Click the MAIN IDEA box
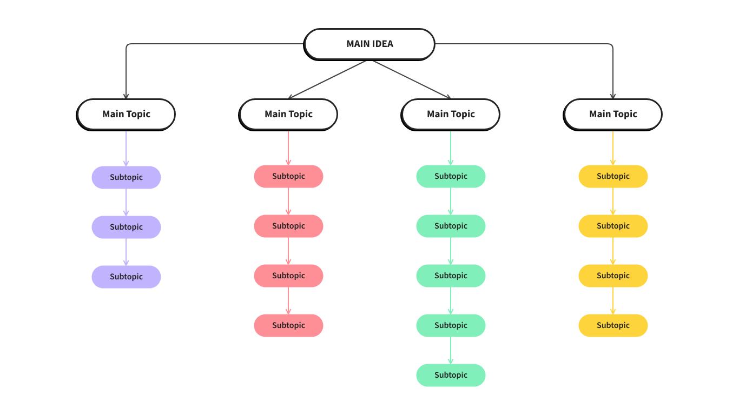tap(369, 44)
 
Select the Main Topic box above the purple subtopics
tap(126, 114)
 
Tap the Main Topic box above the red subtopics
tap(288, 114)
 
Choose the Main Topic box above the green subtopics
tap(451, 114)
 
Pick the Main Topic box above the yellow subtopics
tap(613, 114)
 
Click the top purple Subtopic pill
tap(126, 177)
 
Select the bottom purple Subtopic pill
tap(126, 277)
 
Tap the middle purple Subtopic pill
tap(126, 227)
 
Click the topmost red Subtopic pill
tap(288, 176)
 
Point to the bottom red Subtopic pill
tap(288, 325)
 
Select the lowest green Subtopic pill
tap(451, 375)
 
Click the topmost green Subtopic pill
tap(451, 176)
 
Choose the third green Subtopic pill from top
tap(451, 276)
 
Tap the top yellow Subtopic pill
tap(613, 176)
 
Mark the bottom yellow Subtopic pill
tap(613, 325)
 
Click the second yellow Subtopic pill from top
tap(613, 226)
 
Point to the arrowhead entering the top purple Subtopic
tap(126, 163)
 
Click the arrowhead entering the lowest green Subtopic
tap(451, 361)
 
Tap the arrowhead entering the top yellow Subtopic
tap(613, 162)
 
